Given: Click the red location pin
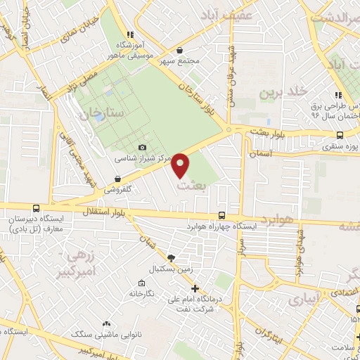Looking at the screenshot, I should pyautogui.click(x=181, y=165).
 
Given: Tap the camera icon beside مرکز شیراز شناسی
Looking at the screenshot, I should pyautogui.click(x=143, y=147).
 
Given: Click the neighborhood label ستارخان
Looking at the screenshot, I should pyautogui.click(x=102, y=112).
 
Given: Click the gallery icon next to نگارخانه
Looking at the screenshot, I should pyautogui.click(x=141, y=283).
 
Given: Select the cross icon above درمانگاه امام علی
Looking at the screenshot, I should pyautogui.click(x=195, y=288).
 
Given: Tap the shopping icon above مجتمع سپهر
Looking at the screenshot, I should pyautogui.click(x=182, y=51).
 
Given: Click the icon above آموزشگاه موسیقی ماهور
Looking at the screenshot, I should pyautogui.click(x=129, y=34).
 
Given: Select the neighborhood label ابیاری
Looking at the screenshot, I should pyautogui.click(x=304, y=298).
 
